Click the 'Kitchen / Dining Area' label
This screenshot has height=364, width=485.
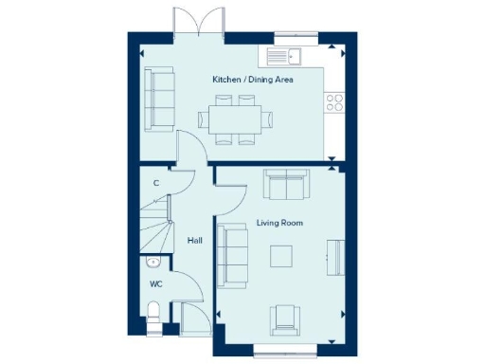pos(252,81)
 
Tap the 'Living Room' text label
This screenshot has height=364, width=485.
pos(279,223)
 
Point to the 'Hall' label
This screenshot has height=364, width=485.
pos(195,241)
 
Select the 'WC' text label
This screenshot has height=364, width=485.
pos(155,283)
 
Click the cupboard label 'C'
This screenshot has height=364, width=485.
pos(155,182)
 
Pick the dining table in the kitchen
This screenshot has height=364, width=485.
pos(232,118)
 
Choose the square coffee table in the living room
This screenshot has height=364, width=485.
pos(281,257)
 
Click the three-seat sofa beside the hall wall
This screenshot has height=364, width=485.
pos(233,255)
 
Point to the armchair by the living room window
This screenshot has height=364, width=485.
pos(283,319)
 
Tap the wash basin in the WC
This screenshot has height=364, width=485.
pos(153,262)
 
